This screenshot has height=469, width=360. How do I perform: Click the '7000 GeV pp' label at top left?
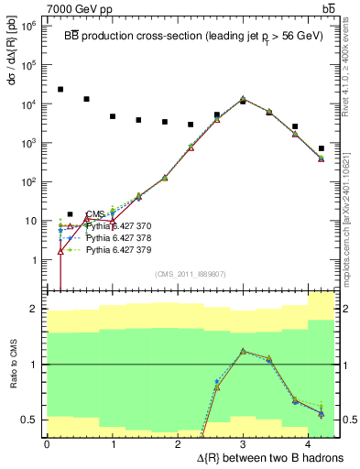point(41,7)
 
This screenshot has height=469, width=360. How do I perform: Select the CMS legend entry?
point(95,213)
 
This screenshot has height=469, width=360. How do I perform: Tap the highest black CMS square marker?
point(60,90)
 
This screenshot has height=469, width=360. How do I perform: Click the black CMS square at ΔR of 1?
point(113,116)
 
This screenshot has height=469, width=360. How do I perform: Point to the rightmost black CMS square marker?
point(321,148)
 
